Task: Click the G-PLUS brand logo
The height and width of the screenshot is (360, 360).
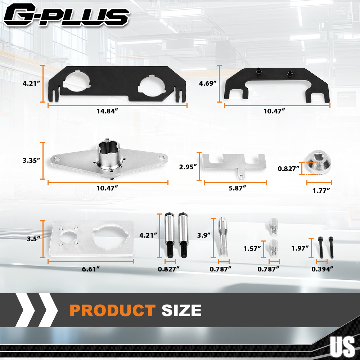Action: point(67,15)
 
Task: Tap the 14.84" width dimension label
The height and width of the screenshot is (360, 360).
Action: point(107,111)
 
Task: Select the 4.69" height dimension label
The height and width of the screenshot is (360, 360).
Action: point(208,84)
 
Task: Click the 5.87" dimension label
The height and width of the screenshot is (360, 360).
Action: point(237,188)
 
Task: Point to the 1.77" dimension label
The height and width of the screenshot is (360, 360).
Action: point(321,190)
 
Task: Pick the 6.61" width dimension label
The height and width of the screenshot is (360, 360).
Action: point(91,269)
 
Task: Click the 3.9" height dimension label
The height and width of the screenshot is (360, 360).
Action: point(204,235)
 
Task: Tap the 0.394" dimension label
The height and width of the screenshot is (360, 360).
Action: point(322,269)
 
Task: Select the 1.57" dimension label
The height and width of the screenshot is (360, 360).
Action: point(252,249)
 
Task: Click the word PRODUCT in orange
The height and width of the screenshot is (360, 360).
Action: point(112,310)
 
